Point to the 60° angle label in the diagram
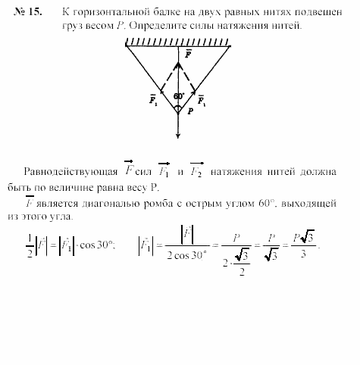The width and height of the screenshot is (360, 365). pos(179,96)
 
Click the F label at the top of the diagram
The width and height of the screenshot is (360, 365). pos(187,55)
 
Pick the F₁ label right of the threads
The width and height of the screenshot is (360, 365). pos(201,98)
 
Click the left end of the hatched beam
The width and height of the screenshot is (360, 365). pos(126,43)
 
